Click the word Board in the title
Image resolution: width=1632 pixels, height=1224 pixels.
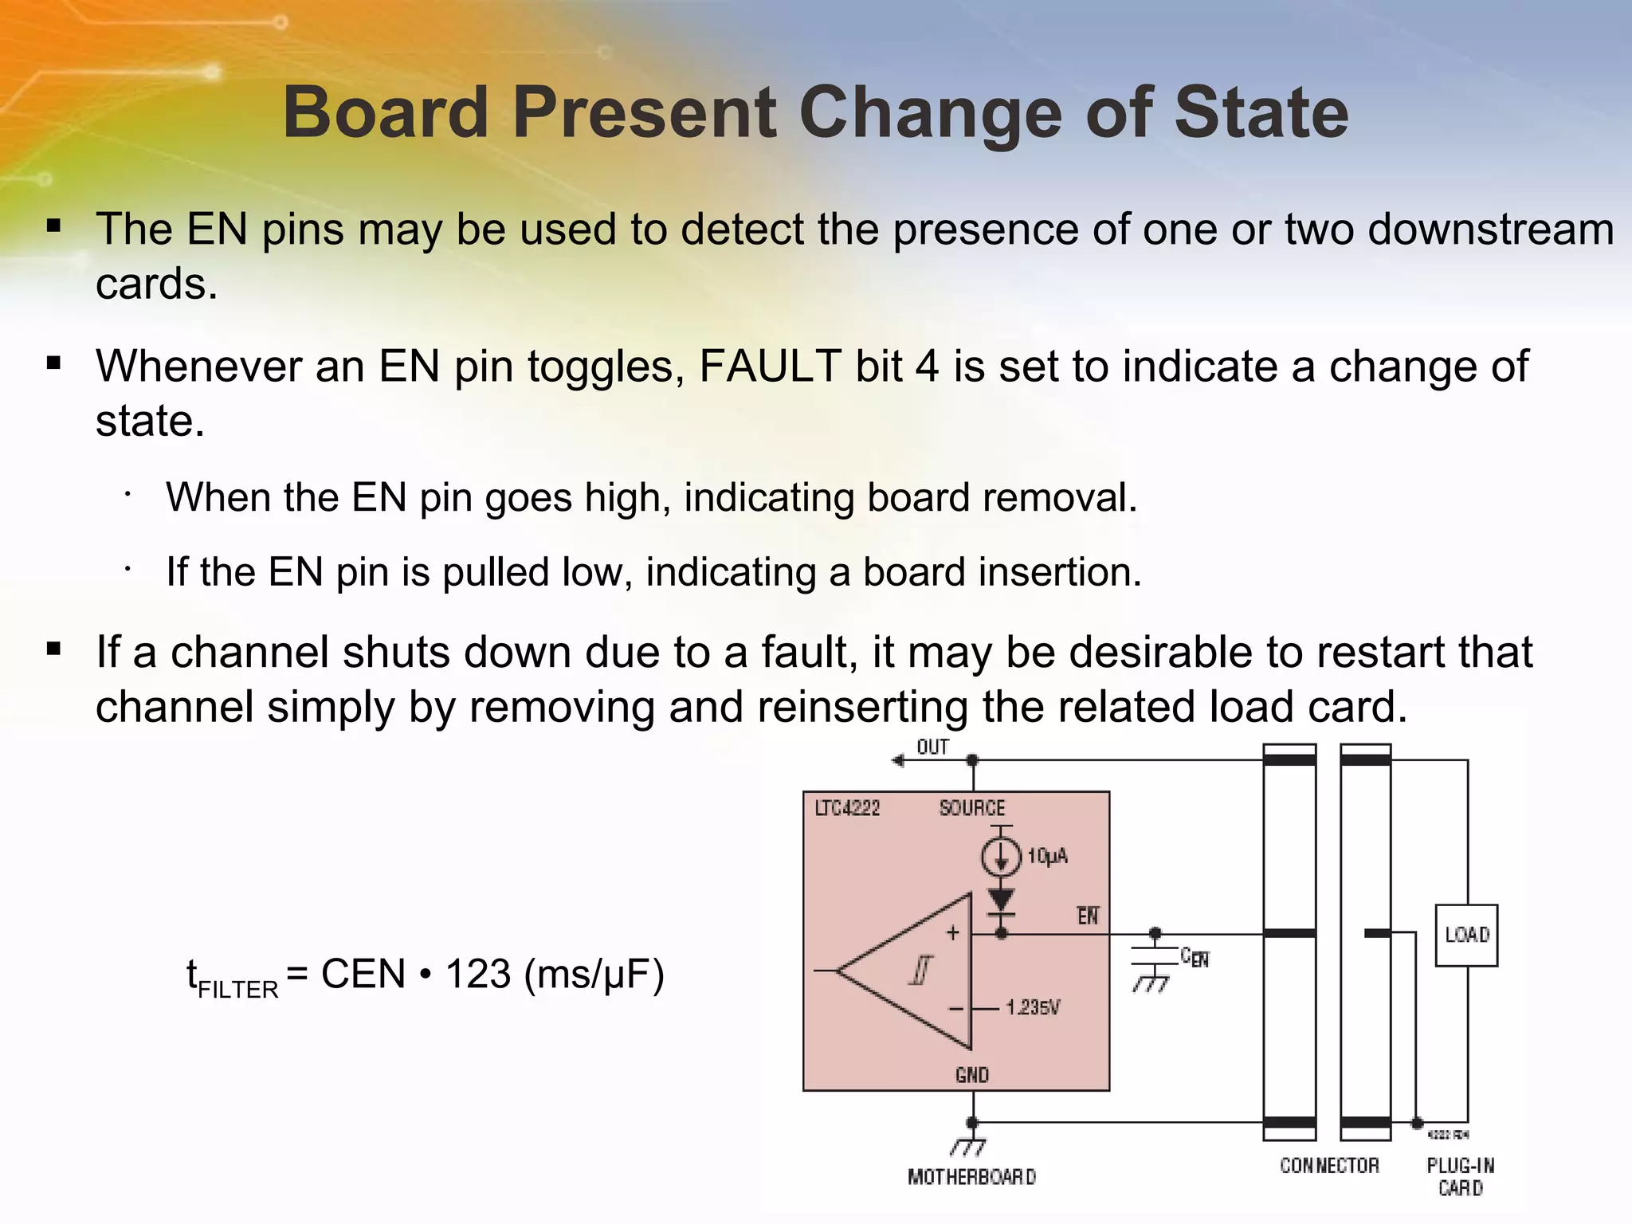tap(385, 113)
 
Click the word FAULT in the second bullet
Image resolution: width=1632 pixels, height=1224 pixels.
tap(770, 367)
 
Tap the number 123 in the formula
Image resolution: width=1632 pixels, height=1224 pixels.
tap(477, 974)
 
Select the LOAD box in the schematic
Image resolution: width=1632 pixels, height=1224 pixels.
tap(1466, 935)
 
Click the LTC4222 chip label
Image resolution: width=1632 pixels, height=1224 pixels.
tap(847, 809)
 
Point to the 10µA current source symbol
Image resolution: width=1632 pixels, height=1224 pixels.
tap(1001, 857)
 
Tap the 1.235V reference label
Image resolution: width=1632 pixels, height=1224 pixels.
tap(1033, 1008)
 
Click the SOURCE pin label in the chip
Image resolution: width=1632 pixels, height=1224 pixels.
tap(972, 809)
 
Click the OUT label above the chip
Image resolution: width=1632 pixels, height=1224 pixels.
tap(932, 747)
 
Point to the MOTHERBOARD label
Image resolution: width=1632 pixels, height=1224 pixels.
tap(971, 1177)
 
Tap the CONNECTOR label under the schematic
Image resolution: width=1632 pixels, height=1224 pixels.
tap(1329, 1166)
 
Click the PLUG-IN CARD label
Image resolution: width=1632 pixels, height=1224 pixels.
tap(1461, 1176)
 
